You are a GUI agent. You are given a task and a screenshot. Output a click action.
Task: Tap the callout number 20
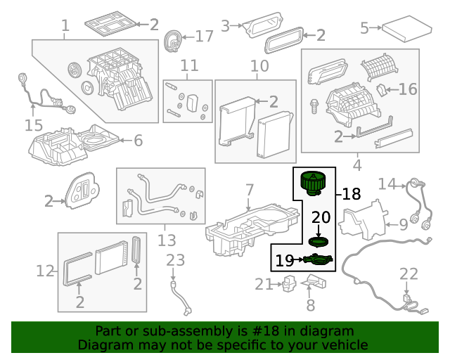320,217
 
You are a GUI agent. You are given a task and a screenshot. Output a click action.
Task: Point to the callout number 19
285,261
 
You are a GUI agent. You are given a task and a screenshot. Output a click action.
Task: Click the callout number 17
204,36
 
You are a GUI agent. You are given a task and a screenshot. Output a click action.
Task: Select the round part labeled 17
172,41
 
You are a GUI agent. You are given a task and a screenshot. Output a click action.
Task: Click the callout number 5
364,28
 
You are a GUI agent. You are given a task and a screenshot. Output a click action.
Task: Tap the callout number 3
225,26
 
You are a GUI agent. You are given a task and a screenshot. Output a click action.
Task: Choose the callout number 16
408,89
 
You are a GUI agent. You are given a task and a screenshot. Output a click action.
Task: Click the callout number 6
138,141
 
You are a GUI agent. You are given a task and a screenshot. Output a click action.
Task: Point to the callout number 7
249,190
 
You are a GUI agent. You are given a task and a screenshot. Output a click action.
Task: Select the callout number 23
175,261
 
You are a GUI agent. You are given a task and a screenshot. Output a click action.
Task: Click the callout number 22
409,274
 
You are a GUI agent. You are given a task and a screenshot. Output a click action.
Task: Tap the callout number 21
263,284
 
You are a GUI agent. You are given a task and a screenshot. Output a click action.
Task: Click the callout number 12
45,270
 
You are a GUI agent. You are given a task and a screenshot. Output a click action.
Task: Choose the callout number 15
34,125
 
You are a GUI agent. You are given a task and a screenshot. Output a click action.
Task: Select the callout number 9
403,225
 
